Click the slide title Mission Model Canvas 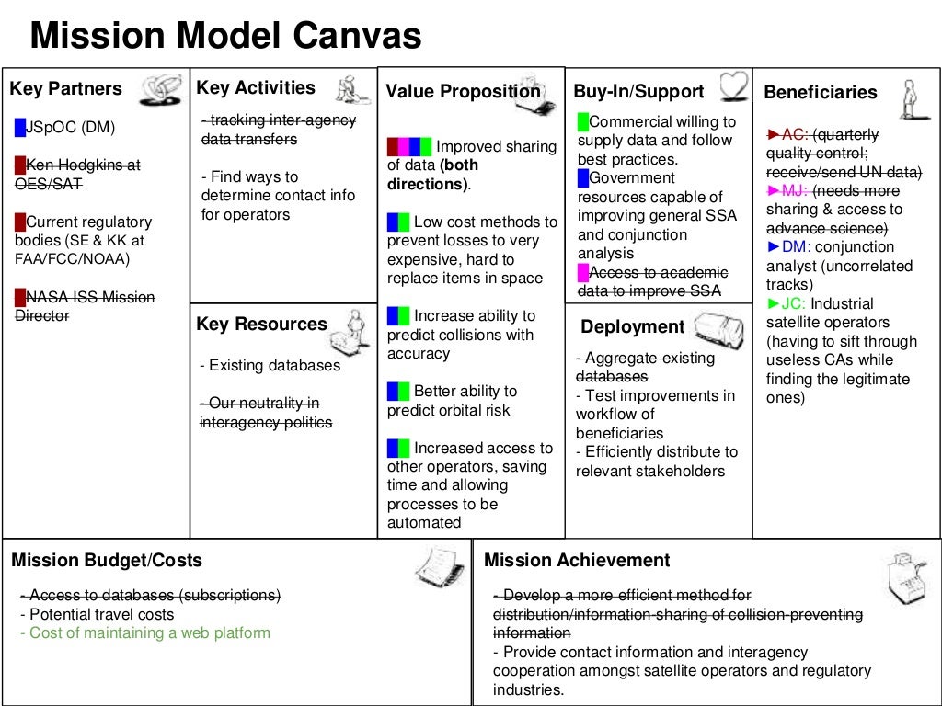[225, 38]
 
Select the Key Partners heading [65, 89]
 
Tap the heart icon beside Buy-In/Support [734, 86]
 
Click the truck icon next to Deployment [718, 328]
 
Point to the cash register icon [905, 576]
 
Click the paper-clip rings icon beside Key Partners [159, 89]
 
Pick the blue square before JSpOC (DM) [19, 127]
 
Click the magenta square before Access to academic [582, 272]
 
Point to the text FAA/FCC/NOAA [73, 259]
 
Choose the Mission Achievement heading [577, 560]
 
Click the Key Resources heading [261, 324]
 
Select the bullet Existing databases [270, 366]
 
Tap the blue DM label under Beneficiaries [792, 246]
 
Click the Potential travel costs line [97, 614]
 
